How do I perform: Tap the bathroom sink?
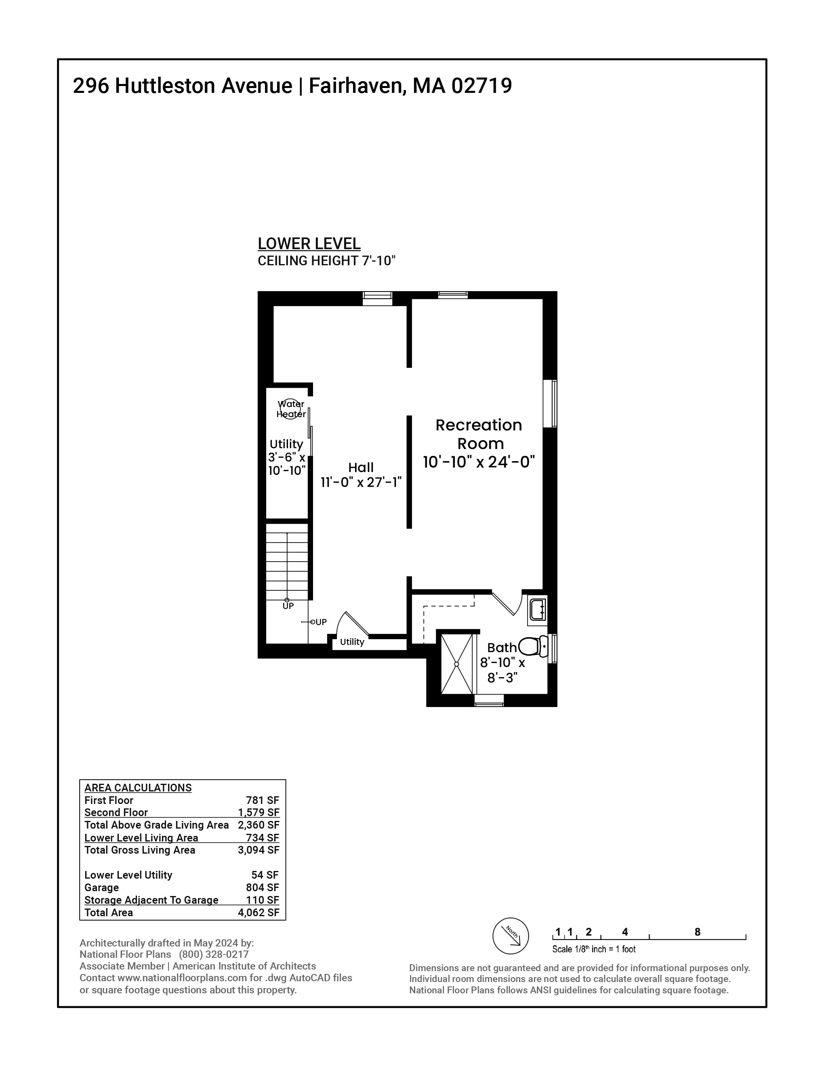pos(538,610)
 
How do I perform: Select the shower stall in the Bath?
pos(457,664)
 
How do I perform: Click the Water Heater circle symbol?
pos(290,409)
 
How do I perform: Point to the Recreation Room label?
pos(479,434)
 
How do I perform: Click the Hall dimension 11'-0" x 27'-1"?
pos(361,482)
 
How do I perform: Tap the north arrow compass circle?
pos(511,936)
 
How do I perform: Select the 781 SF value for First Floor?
pos(262,800)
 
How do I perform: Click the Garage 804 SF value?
pos(262,888)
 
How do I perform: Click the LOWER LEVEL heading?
pos(309,243)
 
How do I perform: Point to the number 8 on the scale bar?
pos(697,932)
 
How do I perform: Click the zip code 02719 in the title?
pos(481,86)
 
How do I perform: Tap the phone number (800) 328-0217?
pos(214,954)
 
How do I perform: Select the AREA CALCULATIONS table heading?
pos(138,788)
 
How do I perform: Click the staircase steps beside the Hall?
pos(287,561)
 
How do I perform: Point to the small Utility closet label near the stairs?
pos(352,642)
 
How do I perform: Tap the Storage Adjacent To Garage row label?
pos(151,900)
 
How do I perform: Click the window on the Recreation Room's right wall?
pos(550,404)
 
